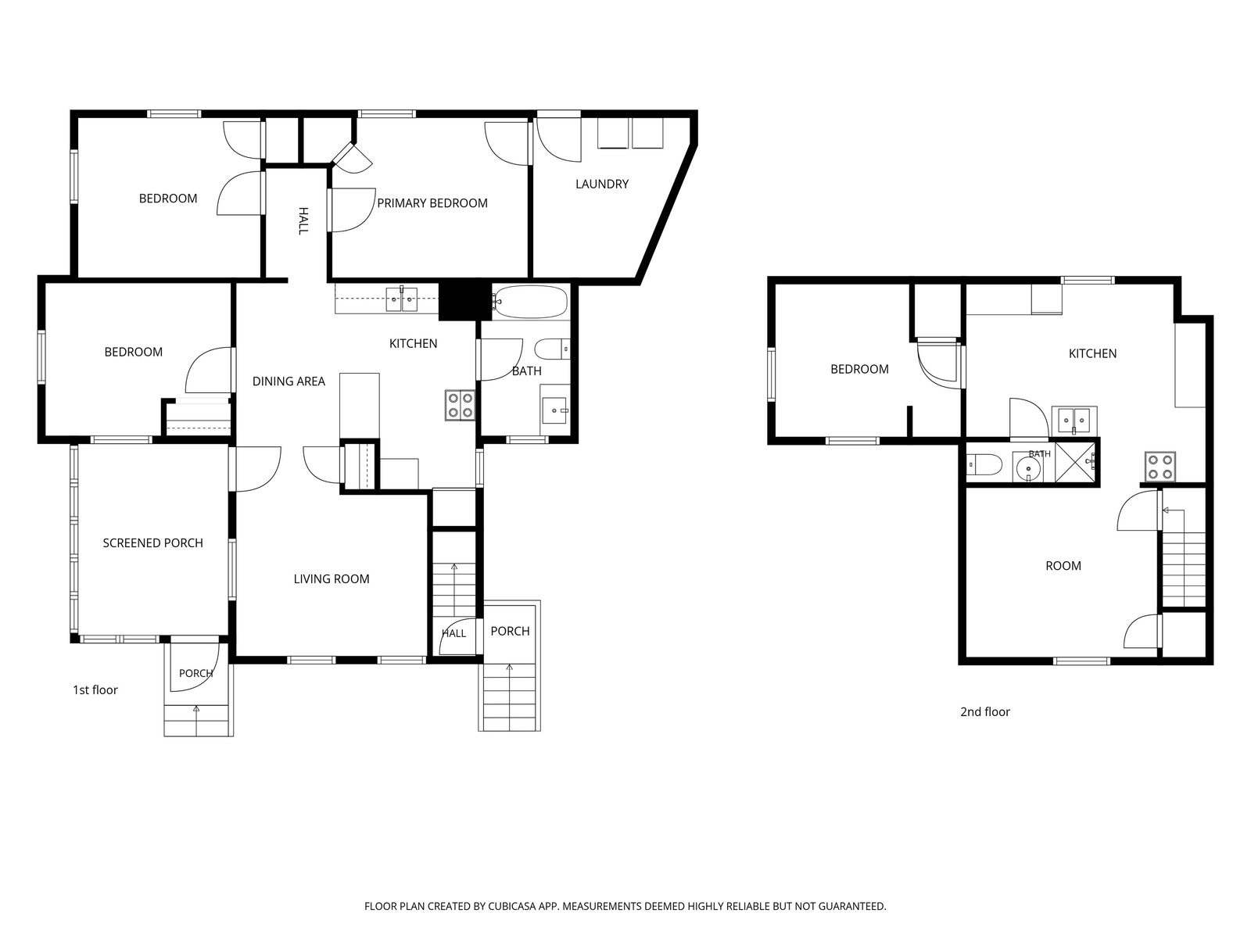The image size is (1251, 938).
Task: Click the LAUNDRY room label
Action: coord(601,184)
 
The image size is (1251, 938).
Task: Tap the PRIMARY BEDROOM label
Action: coord(432,203)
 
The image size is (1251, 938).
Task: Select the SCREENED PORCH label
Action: coord(152,543)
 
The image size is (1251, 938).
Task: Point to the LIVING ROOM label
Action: coord(332,579)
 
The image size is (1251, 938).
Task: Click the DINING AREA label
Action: coord(289,381)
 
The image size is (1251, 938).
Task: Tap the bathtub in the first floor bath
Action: coord(530,302)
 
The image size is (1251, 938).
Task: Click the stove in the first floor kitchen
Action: coord(460,405)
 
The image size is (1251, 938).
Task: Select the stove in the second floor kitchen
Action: coord(1160,467)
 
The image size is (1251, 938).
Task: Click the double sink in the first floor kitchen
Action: coord(401,300)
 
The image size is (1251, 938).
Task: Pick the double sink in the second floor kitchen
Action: coord(1074,421)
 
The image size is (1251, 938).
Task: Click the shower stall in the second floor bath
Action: coord(1076,461)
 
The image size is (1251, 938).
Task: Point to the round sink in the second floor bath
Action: coord(1028,467)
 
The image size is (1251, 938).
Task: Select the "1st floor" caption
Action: coord(95,690)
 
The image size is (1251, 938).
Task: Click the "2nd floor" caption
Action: coord(985,712)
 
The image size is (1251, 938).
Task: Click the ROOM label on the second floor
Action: coord(1063,566)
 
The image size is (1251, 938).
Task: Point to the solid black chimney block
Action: coord(465,301)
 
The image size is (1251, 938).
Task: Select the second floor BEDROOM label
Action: coord(859,370)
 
